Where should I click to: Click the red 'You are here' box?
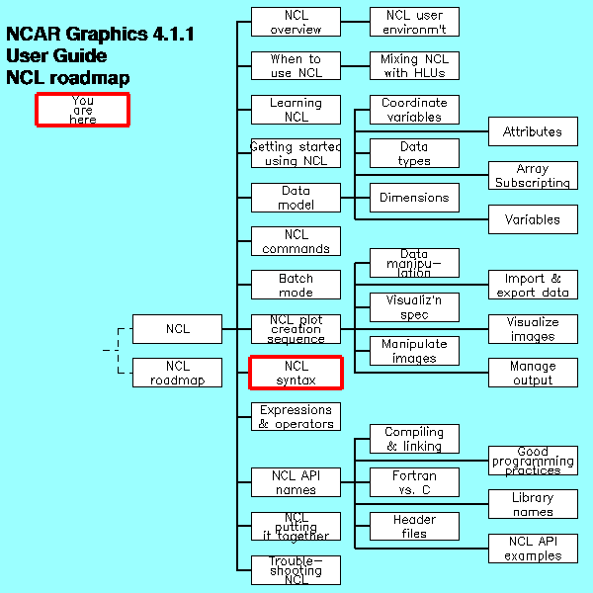coord(83,110)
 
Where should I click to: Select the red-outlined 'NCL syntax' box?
coord(296,373)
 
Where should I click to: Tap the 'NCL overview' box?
coord(296,22)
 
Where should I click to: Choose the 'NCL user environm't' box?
coord(414,22)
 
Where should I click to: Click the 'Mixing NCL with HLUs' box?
coord(414,65)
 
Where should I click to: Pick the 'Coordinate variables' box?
coord(414,110)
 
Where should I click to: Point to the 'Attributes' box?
coord(533,131)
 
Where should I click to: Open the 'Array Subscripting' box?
coord(533,176)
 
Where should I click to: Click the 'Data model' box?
coord(296,198)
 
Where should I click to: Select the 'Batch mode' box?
coord(296,285)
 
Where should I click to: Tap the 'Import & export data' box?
coord(533,285)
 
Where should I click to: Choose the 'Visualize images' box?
coord(533,329)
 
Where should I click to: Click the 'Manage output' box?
coord(533,373)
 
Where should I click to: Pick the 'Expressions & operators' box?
coord(296,416)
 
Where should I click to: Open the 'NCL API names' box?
coord(296,482)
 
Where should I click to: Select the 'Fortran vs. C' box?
coord(414,482)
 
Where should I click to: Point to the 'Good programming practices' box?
coord(533,461)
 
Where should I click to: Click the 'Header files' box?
coord(414,526)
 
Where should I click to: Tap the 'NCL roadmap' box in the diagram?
coord(178,373)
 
